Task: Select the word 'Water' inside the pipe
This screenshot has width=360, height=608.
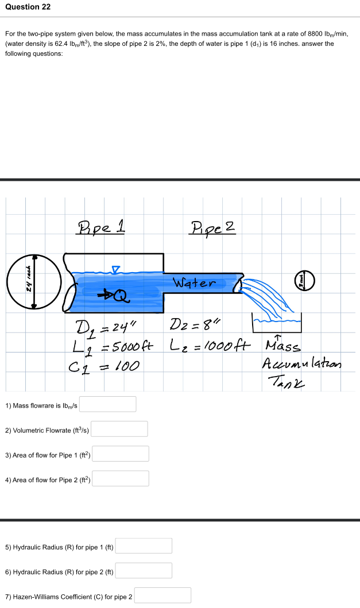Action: tap(195, 283)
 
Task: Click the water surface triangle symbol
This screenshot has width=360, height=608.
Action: tap(115, 268)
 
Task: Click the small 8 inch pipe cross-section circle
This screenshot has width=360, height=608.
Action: tap(303, 282)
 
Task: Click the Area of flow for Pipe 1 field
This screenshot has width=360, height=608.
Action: tap(121, 454)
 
